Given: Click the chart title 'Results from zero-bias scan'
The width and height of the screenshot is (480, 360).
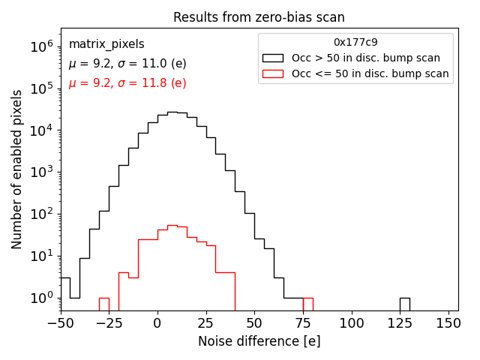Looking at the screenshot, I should (x=259, y=17).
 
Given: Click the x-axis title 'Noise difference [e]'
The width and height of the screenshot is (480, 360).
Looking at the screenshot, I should (x=259, y=341).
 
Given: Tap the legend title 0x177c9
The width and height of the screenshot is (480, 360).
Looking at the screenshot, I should (x=355, y=43).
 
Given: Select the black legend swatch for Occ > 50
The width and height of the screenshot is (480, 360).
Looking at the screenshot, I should (x=274, y=58).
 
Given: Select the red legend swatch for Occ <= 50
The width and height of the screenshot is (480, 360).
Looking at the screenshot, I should (x=274, y=73).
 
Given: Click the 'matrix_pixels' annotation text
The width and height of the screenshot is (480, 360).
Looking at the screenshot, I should (x=106, y=44).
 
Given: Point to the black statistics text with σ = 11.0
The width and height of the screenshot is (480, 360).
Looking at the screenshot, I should (x=127, y=64).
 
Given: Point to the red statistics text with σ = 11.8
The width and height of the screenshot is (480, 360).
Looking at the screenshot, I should (x=127, y=83).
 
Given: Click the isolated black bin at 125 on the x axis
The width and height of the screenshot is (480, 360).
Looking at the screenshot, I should (x=404, y=304).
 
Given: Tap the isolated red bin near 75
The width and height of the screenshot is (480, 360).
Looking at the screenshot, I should (x=307, y=304).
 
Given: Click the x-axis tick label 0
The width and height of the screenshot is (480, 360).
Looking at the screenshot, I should (x=157, y=323).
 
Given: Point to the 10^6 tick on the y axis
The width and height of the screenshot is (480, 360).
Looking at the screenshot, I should (x=42, y=46).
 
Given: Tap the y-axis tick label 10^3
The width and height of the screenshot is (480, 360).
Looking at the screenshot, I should (x=42, y=172).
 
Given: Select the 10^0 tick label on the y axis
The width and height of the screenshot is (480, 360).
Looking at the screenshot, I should (x=42, y=298).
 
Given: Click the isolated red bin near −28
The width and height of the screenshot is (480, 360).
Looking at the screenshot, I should (x=104, y=304).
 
